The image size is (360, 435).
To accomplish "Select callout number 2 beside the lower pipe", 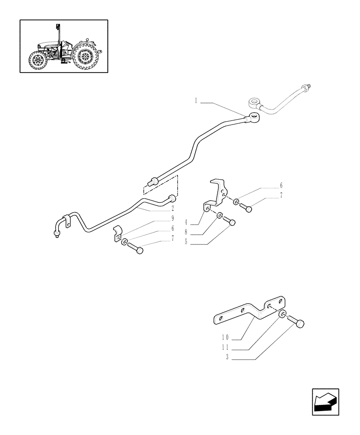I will [x=173, y=208].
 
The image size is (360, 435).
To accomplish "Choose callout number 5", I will [x=186, y=242].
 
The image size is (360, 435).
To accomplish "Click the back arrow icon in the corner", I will [x=325, y=402].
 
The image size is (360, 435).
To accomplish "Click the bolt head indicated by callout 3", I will [x=299, y=324].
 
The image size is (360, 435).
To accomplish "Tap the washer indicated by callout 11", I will [x=283, y=316].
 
